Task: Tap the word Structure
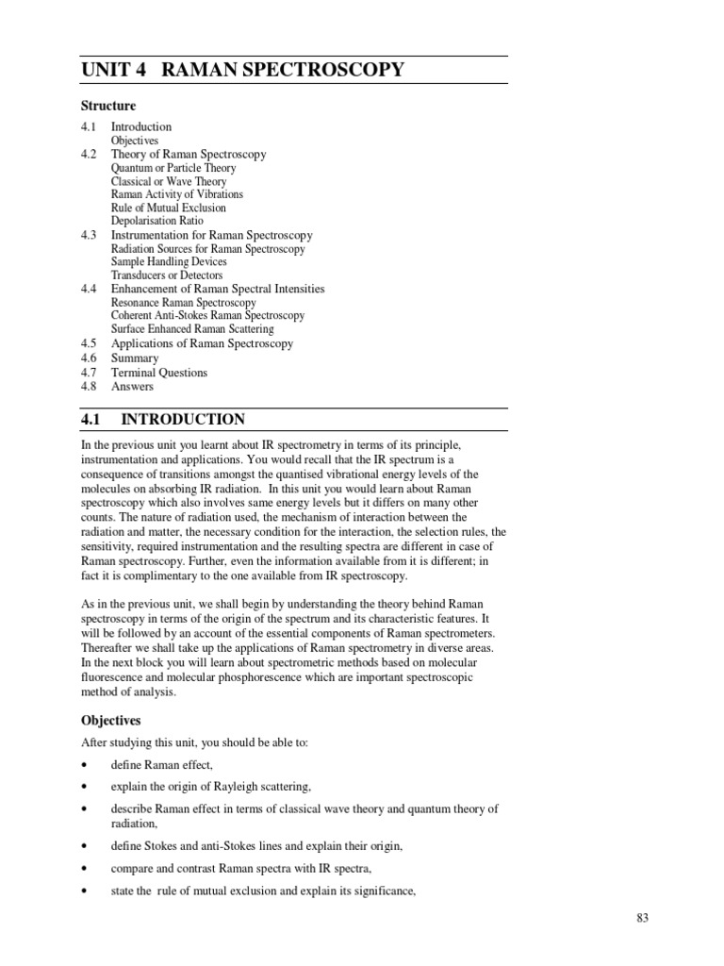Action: [108, 106]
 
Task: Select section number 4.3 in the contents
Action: [90, 235]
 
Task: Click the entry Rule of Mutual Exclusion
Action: [168, 208]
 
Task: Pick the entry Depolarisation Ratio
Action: [156, 221]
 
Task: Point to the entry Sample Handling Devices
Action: [169, 261]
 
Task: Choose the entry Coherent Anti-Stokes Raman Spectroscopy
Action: [207, 316]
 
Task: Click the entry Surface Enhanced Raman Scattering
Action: [192, 329]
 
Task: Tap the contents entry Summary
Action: [135, 358]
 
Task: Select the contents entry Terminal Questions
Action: [158, 373]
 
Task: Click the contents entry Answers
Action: [132, 386]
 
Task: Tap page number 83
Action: [643, 920]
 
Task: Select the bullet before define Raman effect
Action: [85, 765]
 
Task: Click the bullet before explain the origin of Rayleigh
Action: [85, 787]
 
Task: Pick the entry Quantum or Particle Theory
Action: [173, 168]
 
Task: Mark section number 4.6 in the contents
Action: [90, 358]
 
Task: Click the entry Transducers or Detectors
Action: [167, 275]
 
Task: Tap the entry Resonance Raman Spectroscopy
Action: [183, 303]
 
